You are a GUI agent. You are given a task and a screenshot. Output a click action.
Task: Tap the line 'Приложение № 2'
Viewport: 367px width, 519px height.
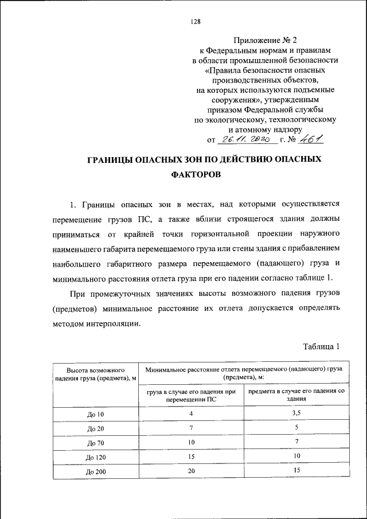click(266, 40)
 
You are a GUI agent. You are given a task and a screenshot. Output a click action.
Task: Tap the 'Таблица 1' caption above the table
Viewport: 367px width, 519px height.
click(321, 346)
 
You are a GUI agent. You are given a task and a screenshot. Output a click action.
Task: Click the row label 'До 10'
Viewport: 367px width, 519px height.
click(94, 415)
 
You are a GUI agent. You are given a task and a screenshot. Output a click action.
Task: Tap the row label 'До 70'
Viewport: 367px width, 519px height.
click(94, 443)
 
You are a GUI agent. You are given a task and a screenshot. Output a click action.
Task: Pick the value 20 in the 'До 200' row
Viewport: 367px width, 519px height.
click(191, 470)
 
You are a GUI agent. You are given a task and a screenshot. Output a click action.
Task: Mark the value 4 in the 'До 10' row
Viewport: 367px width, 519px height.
click(191, 413)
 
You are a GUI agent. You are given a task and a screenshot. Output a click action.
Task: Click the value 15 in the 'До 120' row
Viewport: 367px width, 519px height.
click(191, 456)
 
